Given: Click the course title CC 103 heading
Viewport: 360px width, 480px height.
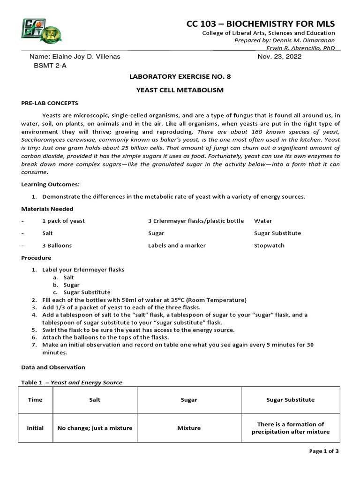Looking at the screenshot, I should (261, 24).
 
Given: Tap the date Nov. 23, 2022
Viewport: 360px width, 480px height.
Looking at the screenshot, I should (280, 57).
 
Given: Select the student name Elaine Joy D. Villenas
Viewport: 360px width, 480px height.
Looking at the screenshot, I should (75, 57).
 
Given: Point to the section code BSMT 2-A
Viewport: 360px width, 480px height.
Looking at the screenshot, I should (50, 66).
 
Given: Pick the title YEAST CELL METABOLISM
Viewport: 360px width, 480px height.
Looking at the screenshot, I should (180, 90).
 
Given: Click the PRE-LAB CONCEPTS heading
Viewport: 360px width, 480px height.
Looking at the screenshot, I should (50, 103).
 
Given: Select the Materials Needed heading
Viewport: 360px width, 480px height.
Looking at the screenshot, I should (47, 209).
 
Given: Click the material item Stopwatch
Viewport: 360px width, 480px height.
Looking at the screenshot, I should (269, 245).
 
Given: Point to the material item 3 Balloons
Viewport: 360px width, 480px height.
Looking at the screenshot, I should (57, 245).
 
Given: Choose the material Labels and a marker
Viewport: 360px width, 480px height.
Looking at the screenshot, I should (177, 245).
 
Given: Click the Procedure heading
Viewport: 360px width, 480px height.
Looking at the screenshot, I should (36, 257).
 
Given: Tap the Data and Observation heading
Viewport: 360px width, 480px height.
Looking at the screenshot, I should (53, 367).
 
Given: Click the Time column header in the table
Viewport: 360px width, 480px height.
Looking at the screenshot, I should (35, 400).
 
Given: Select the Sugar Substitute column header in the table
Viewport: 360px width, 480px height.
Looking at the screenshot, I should (290, 400).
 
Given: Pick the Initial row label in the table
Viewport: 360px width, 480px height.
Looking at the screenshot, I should (35, 428).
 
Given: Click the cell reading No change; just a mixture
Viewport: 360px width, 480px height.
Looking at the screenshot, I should (95, 428).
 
